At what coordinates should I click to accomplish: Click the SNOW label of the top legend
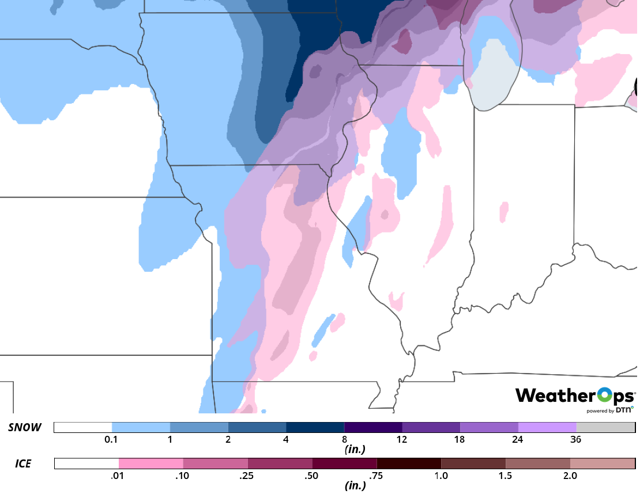[25, 427]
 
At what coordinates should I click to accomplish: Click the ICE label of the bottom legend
[23, 463]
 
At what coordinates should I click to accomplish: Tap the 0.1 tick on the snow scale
[112, 439]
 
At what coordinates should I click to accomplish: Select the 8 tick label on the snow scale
[344, 439]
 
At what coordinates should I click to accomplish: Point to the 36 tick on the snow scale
[575, 439]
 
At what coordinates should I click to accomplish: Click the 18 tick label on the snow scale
[460, 439]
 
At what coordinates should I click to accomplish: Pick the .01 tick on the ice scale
[118, 476]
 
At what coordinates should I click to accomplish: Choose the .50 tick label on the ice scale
[312, 476]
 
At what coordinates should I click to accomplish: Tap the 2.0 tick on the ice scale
[570, 476]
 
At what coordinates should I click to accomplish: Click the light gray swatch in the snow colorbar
[605, 427]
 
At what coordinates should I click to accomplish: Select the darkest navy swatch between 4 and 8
[315, 427]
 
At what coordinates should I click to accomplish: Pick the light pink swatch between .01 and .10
[150, 463]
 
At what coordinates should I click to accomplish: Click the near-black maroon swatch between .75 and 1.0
[409, 463]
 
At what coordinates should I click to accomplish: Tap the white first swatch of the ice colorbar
[86, 463]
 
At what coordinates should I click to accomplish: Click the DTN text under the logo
[624, 410]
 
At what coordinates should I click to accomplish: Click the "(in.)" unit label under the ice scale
[355, 485]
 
